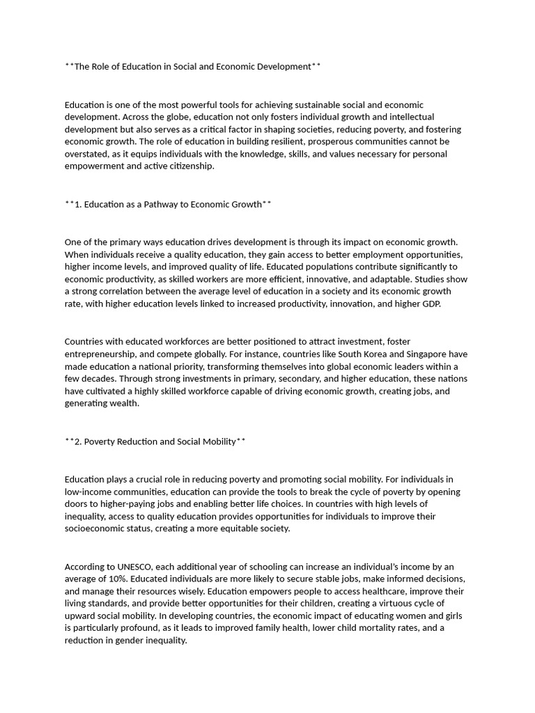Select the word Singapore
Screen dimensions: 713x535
(x=429, y=354)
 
